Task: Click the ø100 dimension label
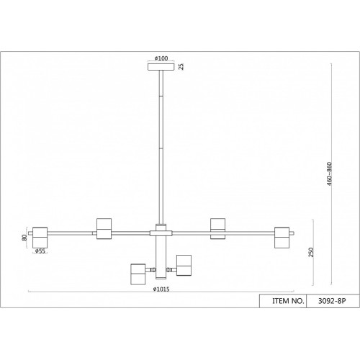161,58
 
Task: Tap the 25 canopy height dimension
181,66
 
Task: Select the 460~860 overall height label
329,174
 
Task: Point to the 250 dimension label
311,252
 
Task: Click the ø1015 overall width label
161,289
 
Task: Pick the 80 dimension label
24,238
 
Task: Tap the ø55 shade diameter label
40,251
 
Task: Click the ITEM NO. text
288,301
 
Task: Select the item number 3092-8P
332,301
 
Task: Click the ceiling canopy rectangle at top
161,67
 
